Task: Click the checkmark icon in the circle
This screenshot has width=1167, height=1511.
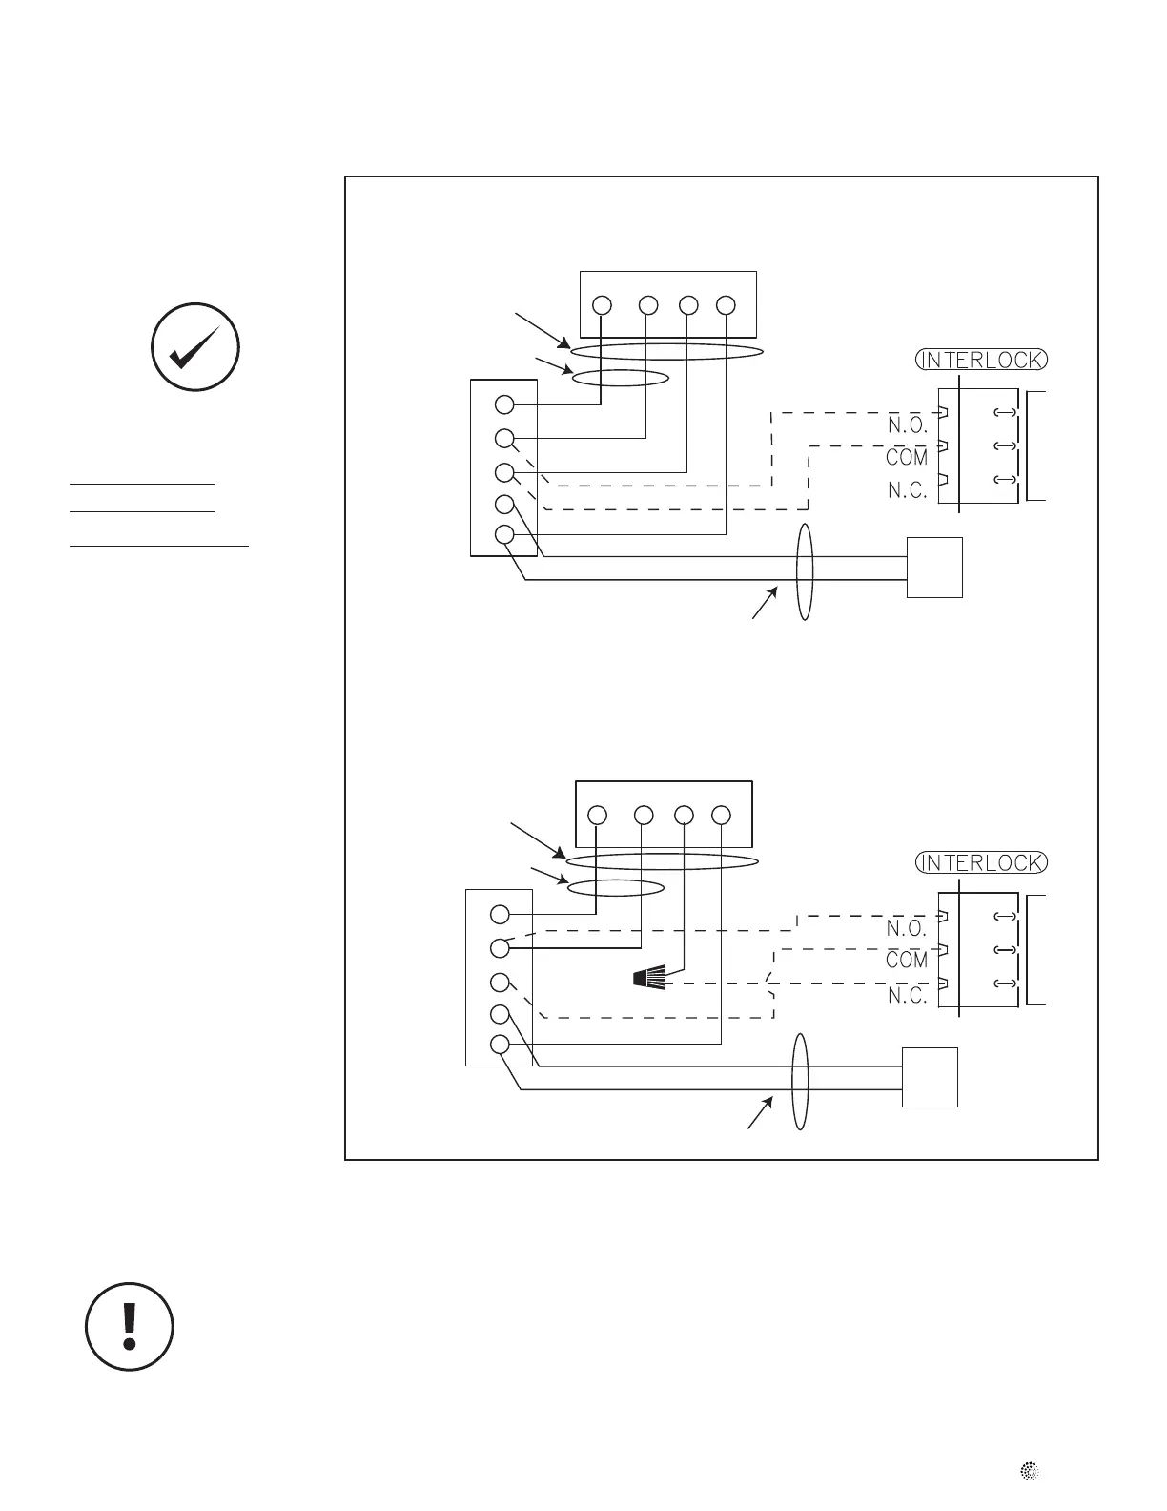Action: point(194,347)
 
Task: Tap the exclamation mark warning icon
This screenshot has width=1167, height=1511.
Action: point(130,1327)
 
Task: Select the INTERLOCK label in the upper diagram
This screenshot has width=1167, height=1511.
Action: point(981,361)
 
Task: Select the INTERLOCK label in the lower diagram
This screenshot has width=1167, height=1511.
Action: point(981,862)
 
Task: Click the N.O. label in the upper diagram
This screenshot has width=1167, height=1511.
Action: point(907,426)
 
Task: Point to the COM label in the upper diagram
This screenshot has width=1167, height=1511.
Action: point(907,458)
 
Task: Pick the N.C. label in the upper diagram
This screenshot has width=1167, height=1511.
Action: point(907,490)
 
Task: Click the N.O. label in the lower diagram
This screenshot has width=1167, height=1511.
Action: point(907,928)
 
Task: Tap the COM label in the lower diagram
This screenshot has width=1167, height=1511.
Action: point(907,960)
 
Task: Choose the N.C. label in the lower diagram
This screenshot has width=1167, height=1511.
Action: point(907,995)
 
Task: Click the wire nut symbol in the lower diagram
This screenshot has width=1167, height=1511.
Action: point(648,978)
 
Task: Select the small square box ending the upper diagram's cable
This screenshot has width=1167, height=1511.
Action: point(934,568)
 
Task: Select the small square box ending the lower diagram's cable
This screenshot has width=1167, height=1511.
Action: point(930,1077)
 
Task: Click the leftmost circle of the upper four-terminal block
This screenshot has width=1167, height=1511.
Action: point(602,305)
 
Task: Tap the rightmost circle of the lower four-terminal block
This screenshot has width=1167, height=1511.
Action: point(721,816)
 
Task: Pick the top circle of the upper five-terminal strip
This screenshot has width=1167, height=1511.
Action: point(505,405)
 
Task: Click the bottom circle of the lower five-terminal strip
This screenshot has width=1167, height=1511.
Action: point(500,1045)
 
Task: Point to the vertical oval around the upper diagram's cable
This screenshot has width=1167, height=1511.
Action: point(806,571)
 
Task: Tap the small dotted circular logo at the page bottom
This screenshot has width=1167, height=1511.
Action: point(1030,1472)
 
